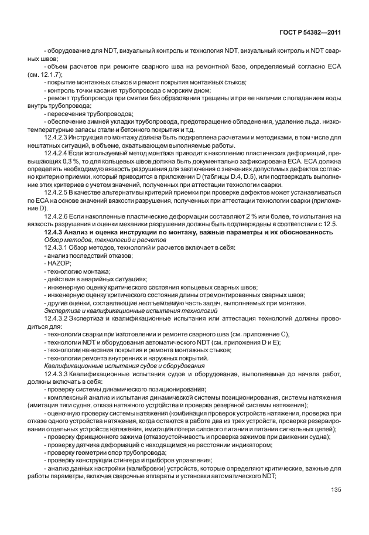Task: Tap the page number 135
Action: click(x=336, y=505)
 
